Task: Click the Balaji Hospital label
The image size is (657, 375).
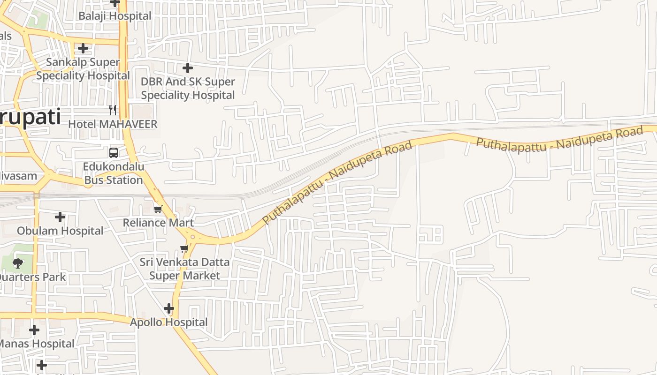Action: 115,16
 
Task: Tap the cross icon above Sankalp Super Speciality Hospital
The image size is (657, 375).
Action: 83,48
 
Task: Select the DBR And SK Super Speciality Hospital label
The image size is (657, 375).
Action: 188,88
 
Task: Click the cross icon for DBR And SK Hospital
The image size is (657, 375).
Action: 188,68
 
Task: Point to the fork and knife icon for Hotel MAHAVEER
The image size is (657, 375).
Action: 113,110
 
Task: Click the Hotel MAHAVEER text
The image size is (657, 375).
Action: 113,124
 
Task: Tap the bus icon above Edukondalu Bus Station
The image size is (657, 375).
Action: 114,152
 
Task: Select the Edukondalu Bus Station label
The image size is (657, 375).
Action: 114,173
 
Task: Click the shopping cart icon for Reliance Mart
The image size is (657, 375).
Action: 158,209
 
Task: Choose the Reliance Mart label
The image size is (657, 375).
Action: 158,222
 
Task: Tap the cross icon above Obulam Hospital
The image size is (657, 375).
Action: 60,217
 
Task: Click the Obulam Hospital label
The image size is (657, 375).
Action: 60,231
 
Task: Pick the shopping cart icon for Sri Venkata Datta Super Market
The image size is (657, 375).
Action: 184,248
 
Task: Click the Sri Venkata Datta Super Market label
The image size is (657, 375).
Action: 184,269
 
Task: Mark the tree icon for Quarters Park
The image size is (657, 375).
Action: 18,263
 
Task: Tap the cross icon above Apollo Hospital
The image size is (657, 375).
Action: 169,308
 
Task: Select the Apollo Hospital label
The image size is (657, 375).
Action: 168,322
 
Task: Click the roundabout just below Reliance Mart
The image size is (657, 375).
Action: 192,237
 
